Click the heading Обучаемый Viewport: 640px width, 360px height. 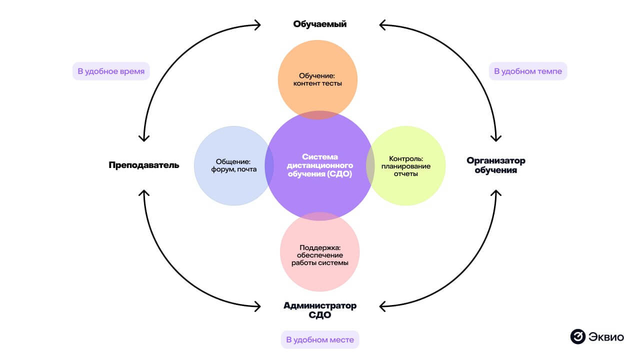click(x=319, y=24)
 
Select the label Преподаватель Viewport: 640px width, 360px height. click(x=143, y=165)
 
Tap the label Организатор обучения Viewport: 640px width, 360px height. click(x=496, y=165)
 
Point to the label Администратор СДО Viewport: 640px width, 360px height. click(x=319, y=310)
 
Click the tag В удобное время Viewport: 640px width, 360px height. click(x=111, y=71)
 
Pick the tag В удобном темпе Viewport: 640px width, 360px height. click(x=527, y=71)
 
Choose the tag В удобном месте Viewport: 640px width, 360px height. click(x=320, y=340)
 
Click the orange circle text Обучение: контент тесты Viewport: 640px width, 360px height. click(x=317, y=79)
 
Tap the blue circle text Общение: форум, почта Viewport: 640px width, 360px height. click(x=233, y=165)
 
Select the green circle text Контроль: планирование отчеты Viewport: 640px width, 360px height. click(x=406, y=166)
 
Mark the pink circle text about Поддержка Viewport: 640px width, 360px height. click(x=319, y=255)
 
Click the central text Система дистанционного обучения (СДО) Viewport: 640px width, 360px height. click(x=320, y=165)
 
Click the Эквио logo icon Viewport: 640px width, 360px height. click(x=577, y=336)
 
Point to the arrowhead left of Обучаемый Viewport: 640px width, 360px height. click(x=257, y=24)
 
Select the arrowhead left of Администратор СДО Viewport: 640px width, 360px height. click(x=257, y=305)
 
